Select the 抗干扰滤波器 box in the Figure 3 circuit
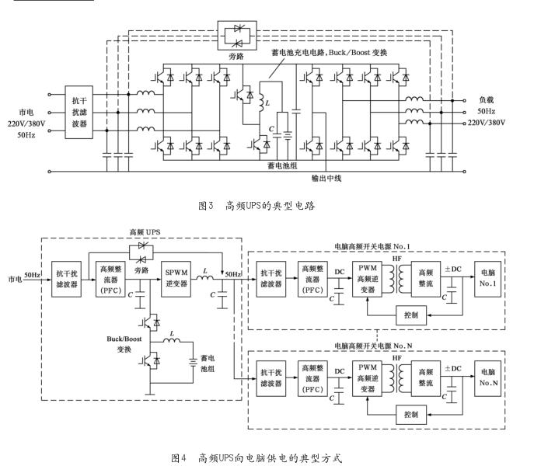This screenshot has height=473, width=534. tap(79, 112)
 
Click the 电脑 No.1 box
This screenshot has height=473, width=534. tap(487, 278)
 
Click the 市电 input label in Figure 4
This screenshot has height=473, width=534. tap(15, 277)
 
